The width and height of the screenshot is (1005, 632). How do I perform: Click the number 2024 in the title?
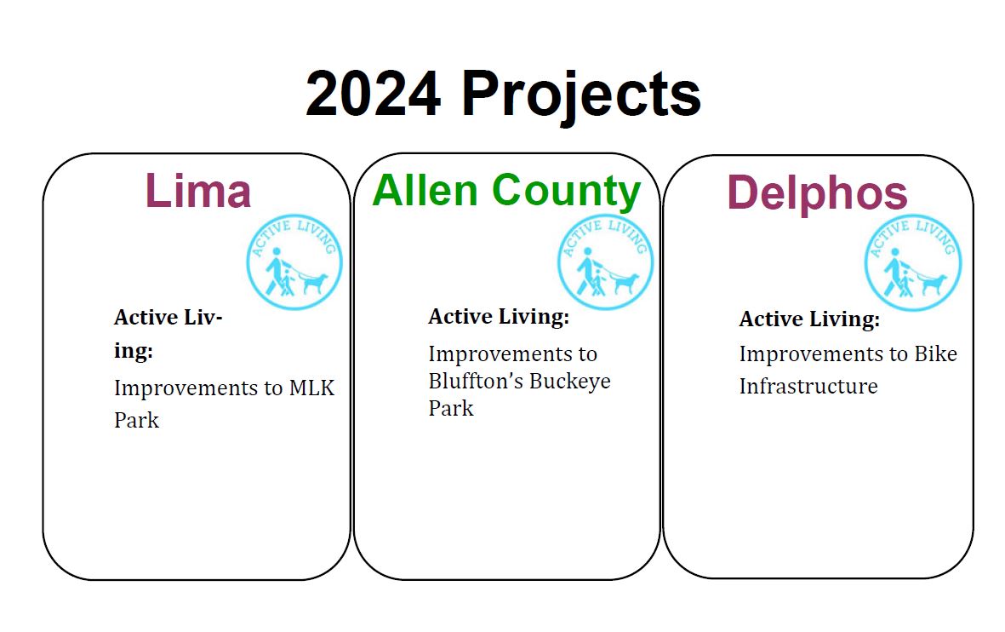pos(373,94)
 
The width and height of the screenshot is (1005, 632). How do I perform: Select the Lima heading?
pos(198,190)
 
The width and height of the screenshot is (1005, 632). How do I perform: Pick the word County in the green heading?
pos(567,192)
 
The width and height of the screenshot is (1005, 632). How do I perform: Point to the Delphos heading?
pos(817,192)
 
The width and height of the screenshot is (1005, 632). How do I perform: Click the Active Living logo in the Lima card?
pos(294,262)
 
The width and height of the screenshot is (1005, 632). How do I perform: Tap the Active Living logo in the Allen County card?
pos(606,262)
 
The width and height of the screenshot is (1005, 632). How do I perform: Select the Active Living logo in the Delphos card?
pos(913,263)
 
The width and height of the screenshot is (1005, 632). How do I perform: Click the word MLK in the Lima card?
pos(311,388)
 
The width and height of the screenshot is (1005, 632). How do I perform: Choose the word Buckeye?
pos(570,382)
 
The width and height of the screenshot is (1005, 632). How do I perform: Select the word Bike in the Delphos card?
pos(935,353)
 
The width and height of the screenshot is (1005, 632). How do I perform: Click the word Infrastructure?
pos(808,386)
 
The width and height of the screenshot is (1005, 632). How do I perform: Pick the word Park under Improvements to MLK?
pos(136,420)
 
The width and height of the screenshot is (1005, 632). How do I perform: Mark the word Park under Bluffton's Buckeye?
pos(451,408)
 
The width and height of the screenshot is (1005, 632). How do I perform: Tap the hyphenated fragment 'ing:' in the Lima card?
pos(134,352)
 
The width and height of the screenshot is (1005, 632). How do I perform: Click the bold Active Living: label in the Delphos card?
pos(809,319)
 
